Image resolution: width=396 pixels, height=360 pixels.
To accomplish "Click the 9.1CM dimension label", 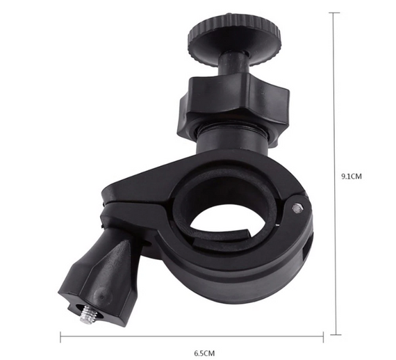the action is [352, 177].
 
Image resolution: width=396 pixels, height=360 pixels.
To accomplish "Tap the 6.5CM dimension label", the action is [204, 352].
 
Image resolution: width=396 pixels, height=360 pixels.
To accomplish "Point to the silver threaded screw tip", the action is [89, 314].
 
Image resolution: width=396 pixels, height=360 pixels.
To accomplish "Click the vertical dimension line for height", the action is [335, 173].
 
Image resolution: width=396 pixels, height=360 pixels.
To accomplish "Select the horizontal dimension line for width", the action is [192, 336].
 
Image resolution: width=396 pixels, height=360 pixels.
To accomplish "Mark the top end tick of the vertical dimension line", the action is [335, 13].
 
